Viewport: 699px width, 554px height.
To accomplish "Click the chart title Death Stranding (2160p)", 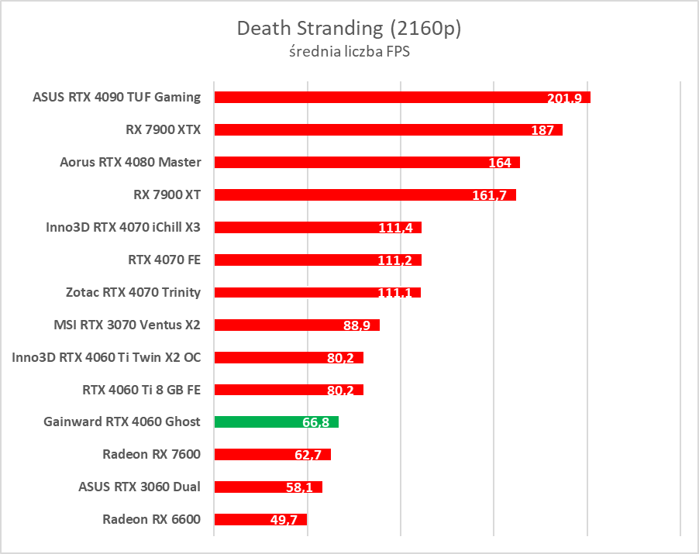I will (349, 29).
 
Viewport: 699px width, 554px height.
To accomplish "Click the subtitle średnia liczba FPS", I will (349, 53).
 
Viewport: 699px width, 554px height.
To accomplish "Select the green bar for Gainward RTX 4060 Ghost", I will (276, 422).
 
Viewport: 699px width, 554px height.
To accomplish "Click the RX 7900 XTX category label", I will (163, 129).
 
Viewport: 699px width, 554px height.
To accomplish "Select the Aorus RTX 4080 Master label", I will (130, 162).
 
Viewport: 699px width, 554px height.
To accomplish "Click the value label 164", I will (500, 163).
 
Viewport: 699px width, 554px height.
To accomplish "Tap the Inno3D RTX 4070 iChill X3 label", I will (124, 227).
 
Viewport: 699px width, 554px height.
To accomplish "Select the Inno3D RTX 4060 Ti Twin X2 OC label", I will (106, 357).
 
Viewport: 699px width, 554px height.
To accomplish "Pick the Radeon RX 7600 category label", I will (151, 454).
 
